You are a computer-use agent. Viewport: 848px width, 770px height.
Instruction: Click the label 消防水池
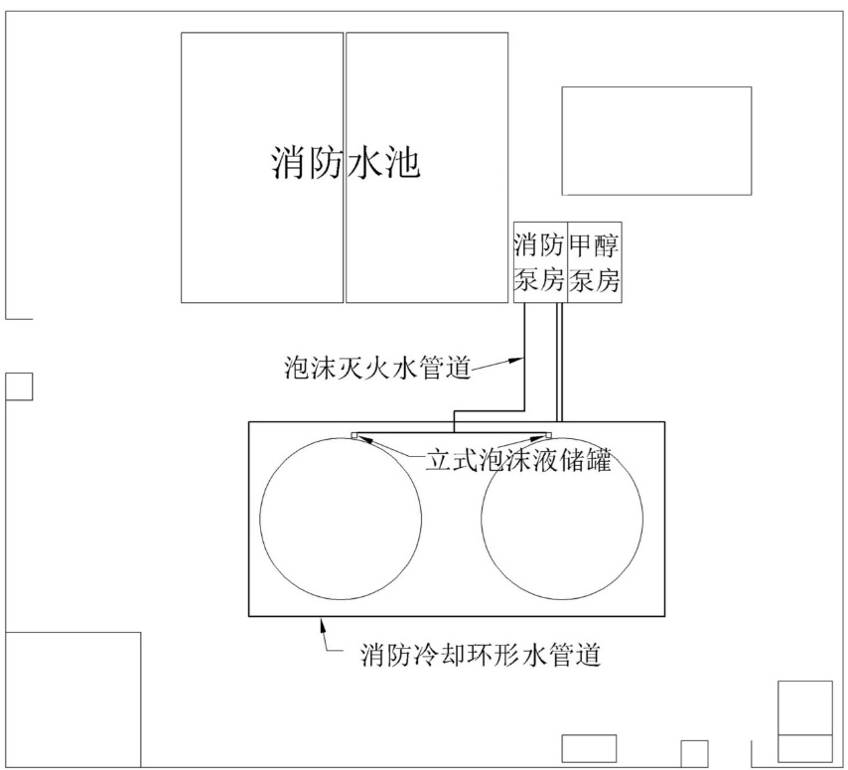tap(345, 163)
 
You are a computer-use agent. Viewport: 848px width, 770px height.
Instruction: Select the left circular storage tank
tap(340, 517)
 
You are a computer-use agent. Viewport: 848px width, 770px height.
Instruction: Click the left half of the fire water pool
tap(262, 229)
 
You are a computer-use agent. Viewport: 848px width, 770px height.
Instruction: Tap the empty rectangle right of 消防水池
tap(656, 140)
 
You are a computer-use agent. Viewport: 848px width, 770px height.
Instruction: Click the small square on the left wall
tap(19, 386)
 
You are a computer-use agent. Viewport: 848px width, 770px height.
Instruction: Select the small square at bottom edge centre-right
tap(694, 753)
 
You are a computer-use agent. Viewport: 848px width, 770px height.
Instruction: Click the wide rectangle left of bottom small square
tap(589, 747)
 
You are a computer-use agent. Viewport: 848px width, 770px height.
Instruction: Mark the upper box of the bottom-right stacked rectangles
tap(804, 707)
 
